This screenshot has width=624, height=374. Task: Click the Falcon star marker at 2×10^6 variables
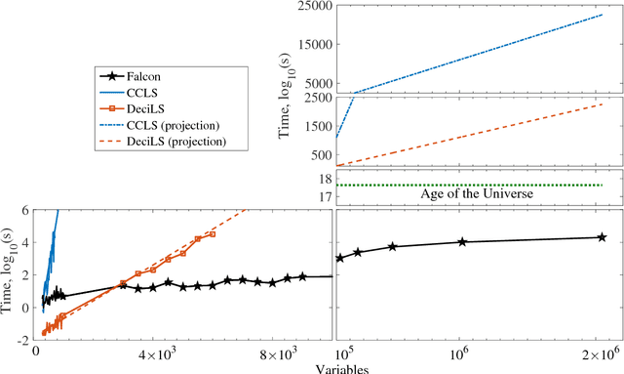(x=602, y=237)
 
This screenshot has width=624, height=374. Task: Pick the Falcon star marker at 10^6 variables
(x=462, y=242)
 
